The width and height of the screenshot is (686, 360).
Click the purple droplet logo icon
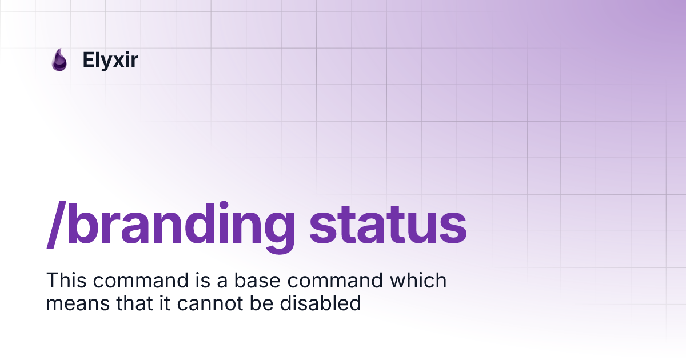(x=59, y=60)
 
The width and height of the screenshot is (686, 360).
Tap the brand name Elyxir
(x=110, y=60)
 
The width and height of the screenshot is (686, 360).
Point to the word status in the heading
(x=388, y=224)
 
